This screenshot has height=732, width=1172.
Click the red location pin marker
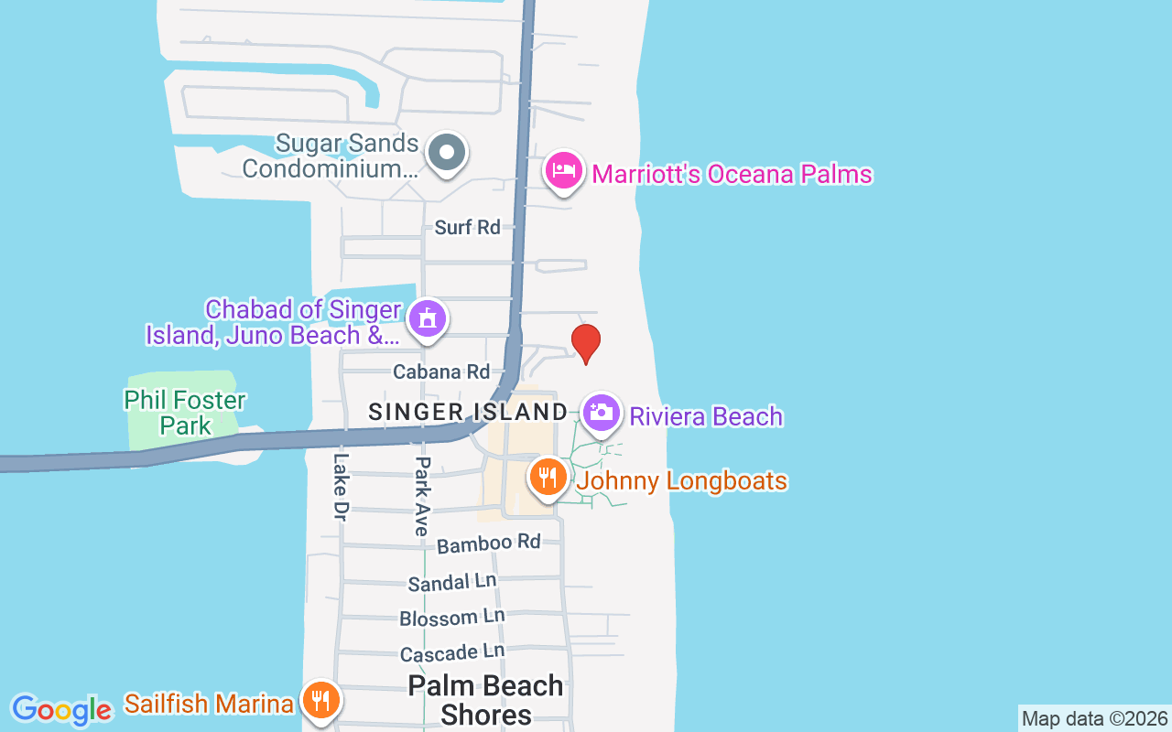[586, 343]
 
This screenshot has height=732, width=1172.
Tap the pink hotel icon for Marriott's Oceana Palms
[564, 170]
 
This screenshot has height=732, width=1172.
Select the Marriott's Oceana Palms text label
[732, 174]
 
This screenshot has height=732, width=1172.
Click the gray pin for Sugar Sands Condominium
[447, 153]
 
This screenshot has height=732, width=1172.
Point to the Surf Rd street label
[468, 227]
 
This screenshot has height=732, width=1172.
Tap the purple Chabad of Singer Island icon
[427, 319]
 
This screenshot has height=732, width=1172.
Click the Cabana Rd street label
[441, 372]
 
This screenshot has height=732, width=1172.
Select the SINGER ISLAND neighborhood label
[468, 412]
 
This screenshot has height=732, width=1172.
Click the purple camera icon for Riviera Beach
[601, 413]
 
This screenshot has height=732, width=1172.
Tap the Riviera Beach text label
[706, 416]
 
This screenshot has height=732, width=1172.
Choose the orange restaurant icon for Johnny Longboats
[548, 477]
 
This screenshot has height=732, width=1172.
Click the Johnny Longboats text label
[682, 480]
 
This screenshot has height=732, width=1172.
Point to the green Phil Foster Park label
[185, 413]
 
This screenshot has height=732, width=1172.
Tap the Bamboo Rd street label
[489, 544]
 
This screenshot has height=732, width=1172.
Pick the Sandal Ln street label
[452, 582]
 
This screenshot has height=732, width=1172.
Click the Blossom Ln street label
[451, 619]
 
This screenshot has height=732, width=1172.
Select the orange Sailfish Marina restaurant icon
[320, 701]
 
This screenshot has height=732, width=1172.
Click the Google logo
[61, 710]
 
